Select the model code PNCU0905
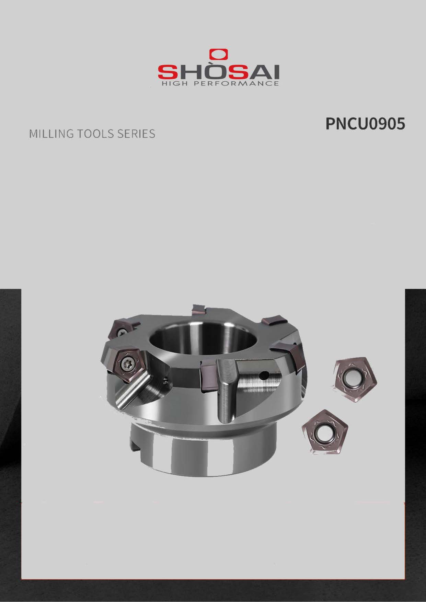365,124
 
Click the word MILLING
51,134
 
